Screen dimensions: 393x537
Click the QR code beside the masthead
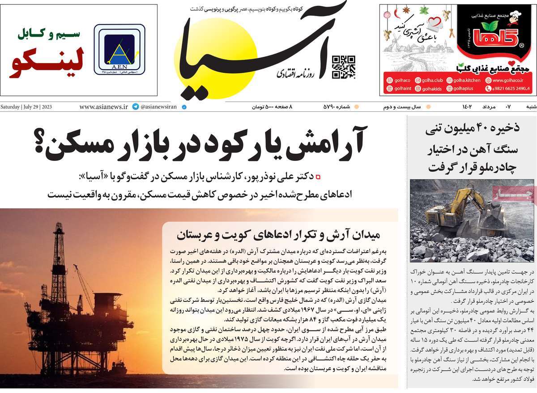(344, 67)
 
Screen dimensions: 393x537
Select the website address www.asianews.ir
(103, 107)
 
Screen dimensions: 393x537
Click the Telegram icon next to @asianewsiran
(135, 107)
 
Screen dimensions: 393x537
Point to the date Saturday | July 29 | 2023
(26, 107)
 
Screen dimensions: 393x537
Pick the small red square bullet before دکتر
(318, 177)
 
